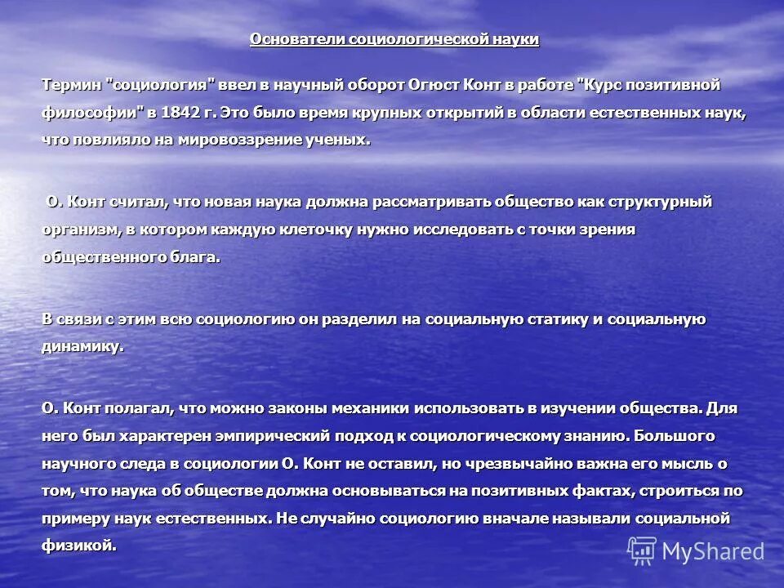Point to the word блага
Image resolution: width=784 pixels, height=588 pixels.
(194, 256)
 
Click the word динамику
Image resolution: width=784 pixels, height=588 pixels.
(82, 345)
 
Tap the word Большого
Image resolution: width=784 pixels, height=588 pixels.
(675, 435)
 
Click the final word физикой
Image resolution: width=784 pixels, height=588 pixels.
(78, 546)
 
